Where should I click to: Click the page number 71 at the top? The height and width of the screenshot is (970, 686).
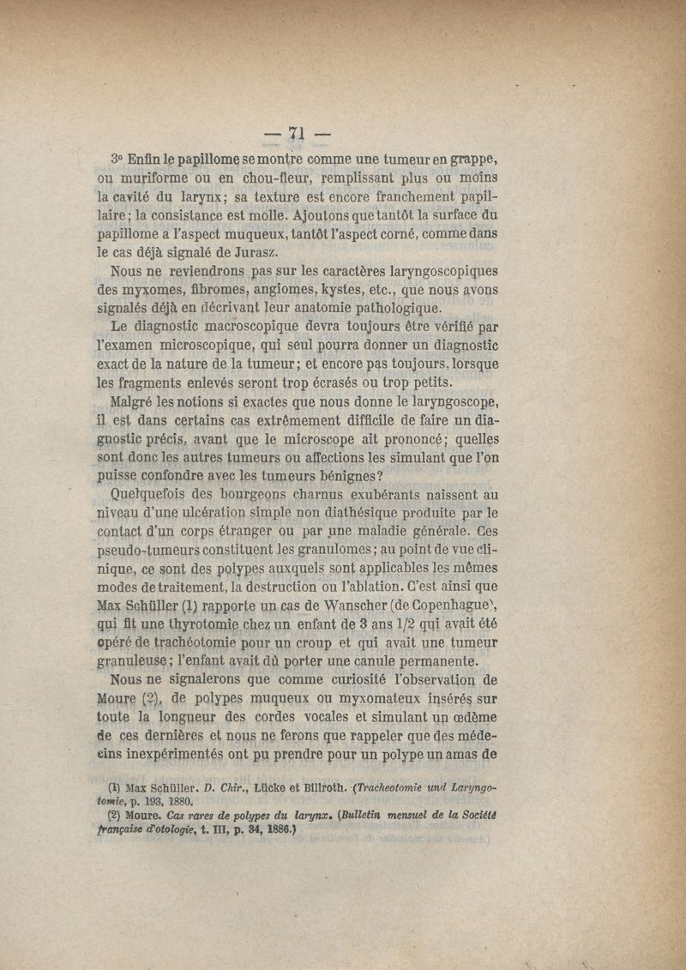point(298,132)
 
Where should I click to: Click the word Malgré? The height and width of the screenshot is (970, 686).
point(136,401)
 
